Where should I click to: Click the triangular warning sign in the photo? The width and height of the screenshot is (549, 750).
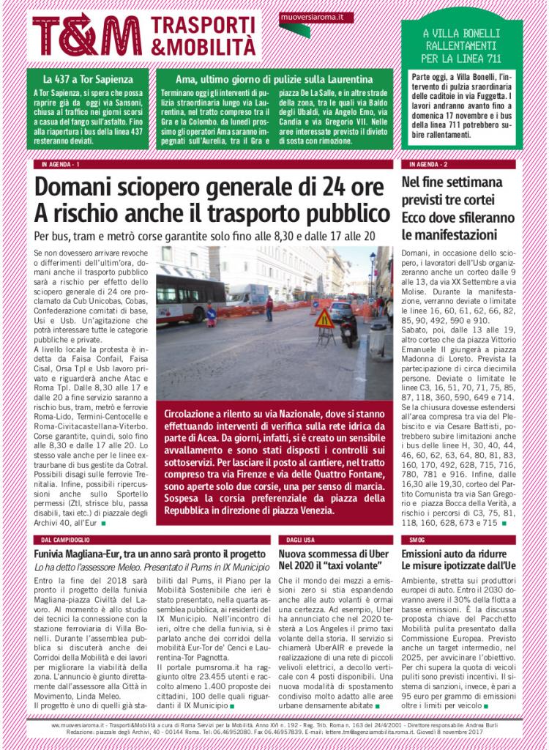324,319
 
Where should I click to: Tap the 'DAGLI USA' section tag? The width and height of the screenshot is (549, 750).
299,539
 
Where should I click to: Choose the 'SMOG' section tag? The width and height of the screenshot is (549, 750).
418,539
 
